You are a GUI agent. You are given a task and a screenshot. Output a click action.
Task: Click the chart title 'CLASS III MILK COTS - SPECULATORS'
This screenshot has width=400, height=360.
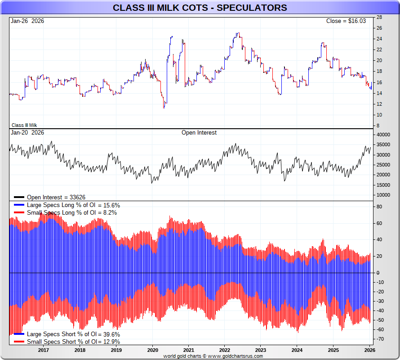click(200, 8)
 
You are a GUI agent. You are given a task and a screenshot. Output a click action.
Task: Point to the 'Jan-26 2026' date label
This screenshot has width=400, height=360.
click(27, 21)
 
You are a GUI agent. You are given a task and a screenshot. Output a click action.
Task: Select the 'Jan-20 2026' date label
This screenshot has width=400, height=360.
click(27, 133)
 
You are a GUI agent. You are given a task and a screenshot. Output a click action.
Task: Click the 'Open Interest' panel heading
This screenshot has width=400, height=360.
click(199, 133)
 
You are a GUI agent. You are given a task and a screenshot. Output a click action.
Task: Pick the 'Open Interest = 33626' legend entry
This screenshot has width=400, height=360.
click(56, 197)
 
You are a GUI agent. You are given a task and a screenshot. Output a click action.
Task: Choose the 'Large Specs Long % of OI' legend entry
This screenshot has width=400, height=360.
click(73, 205)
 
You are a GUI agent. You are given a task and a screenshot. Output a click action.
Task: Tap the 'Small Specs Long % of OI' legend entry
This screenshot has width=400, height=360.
click(71, 212)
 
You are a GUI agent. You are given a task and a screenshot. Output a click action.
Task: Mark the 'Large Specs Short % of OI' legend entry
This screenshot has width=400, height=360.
click(73, 334)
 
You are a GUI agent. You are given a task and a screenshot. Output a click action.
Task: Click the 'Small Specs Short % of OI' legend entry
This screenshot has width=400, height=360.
click(73, 342)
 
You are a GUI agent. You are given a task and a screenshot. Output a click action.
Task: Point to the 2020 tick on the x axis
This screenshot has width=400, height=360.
click(152, 350)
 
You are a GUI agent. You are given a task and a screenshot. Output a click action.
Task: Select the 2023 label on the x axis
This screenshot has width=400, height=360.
click(261, 350)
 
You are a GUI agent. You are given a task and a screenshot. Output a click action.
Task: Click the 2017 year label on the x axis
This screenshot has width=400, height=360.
click(44, 350)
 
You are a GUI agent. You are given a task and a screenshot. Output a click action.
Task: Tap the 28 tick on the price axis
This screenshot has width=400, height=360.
click(379, 17)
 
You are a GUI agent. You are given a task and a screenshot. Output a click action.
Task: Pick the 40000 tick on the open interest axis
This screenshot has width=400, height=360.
click(383, 135)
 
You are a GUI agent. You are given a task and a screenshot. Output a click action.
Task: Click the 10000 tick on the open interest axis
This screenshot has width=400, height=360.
click(383, 195)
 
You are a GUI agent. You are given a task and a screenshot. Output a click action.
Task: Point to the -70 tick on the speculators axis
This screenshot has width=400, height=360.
click(380, 339)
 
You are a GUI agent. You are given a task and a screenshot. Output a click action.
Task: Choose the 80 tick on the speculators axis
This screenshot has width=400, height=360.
click(379, 207)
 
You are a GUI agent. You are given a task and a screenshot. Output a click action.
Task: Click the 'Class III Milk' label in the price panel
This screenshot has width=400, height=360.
click(24, 125)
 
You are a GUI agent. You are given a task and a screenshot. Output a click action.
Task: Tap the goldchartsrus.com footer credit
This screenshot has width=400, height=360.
click(213, 356)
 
